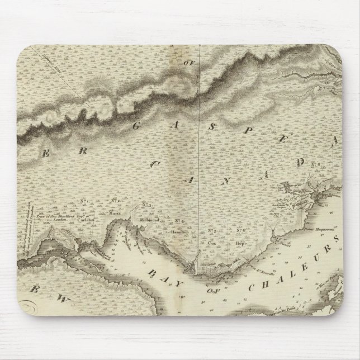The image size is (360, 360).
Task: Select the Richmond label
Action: click(150, 220)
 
